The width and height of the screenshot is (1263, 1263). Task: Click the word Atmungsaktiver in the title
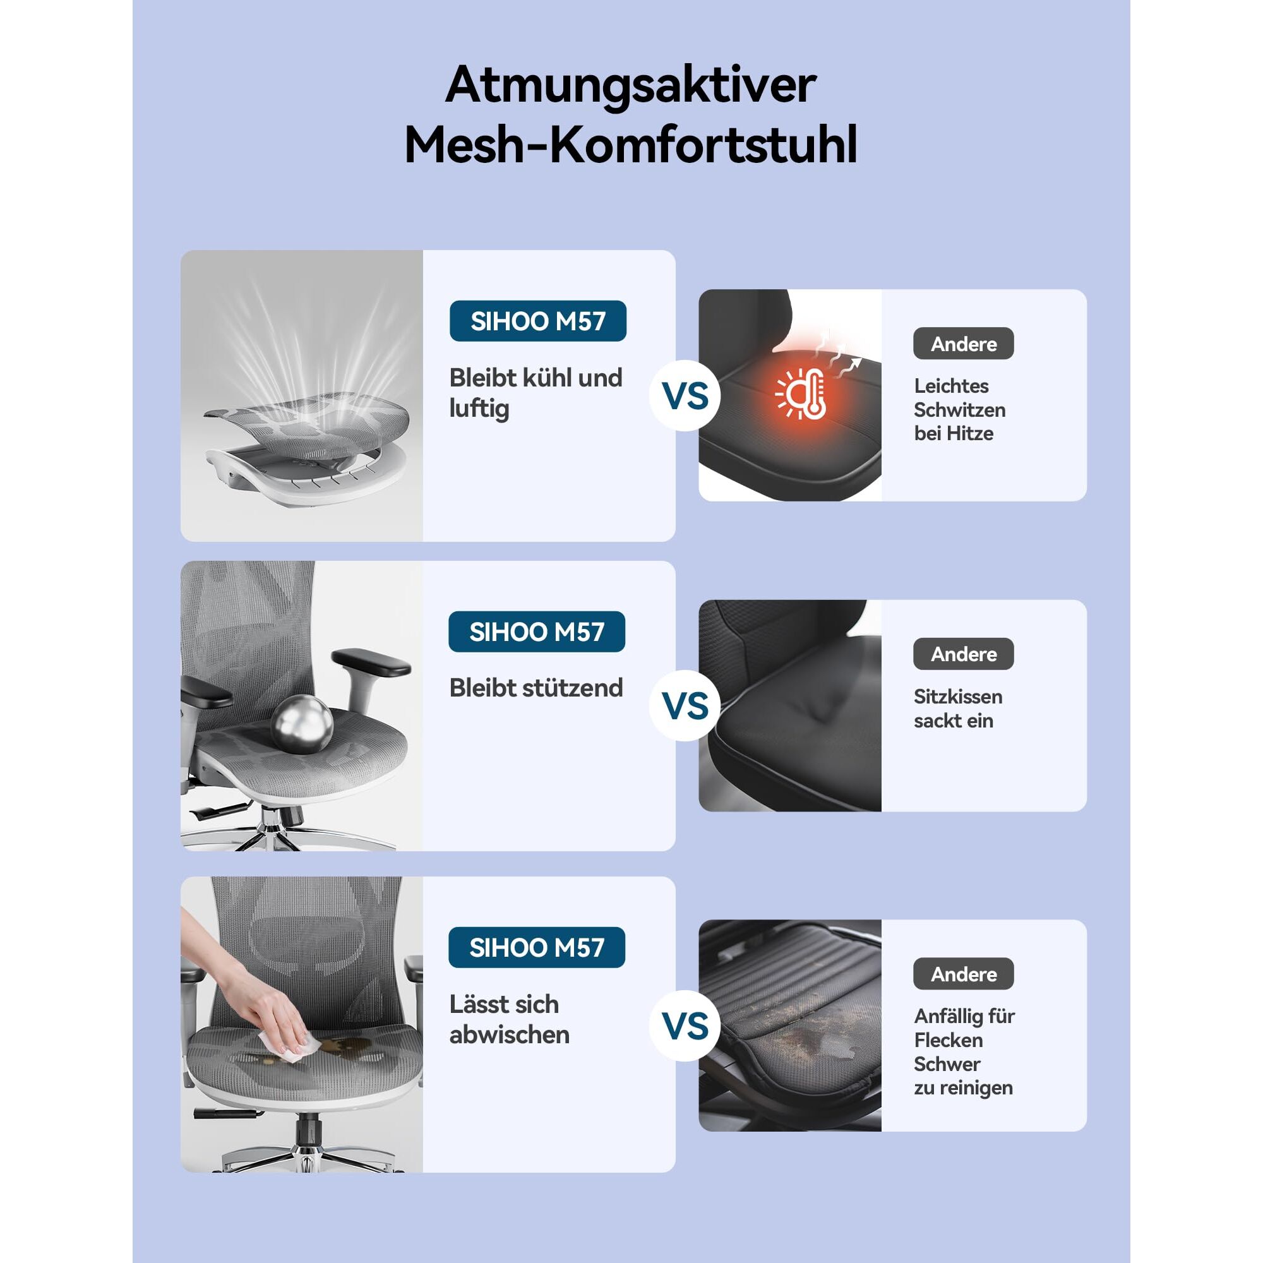(631, 85)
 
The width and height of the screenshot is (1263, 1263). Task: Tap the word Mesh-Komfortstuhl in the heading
(631, 145)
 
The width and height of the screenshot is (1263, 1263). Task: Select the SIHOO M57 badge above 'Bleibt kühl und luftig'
(537, 321)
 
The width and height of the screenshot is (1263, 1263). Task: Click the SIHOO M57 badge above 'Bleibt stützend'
(537, 631)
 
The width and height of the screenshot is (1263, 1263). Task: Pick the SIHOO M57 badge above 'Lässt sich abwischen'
(537, 947)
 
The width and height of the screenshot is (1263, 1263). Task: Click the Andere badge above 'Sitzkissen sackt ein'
(964, 654)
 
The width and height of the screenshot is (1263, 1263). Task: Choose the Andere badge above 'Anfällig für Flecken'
(964, 974)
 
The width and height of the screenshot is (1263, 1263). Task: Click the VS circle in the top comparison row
(685, 395)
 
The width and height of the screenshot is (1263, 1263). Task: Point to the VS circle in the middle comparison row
(685, 705)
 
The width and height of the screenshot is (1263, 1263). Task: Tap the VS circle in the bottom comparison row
(685, 1026)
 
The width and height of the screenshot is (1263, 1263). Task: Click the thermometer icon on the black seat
(802, 393)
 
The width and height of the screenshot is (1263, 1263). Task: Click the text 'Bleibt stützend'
(536, 688)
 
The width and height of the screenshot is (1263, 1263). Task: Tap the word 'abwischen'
(509, 1035)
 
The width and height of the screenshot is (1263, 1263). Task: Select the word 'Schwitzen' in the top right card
(959, 410)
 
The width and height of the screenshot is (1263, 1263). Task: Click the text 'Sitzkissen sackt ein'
(958, 709)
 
